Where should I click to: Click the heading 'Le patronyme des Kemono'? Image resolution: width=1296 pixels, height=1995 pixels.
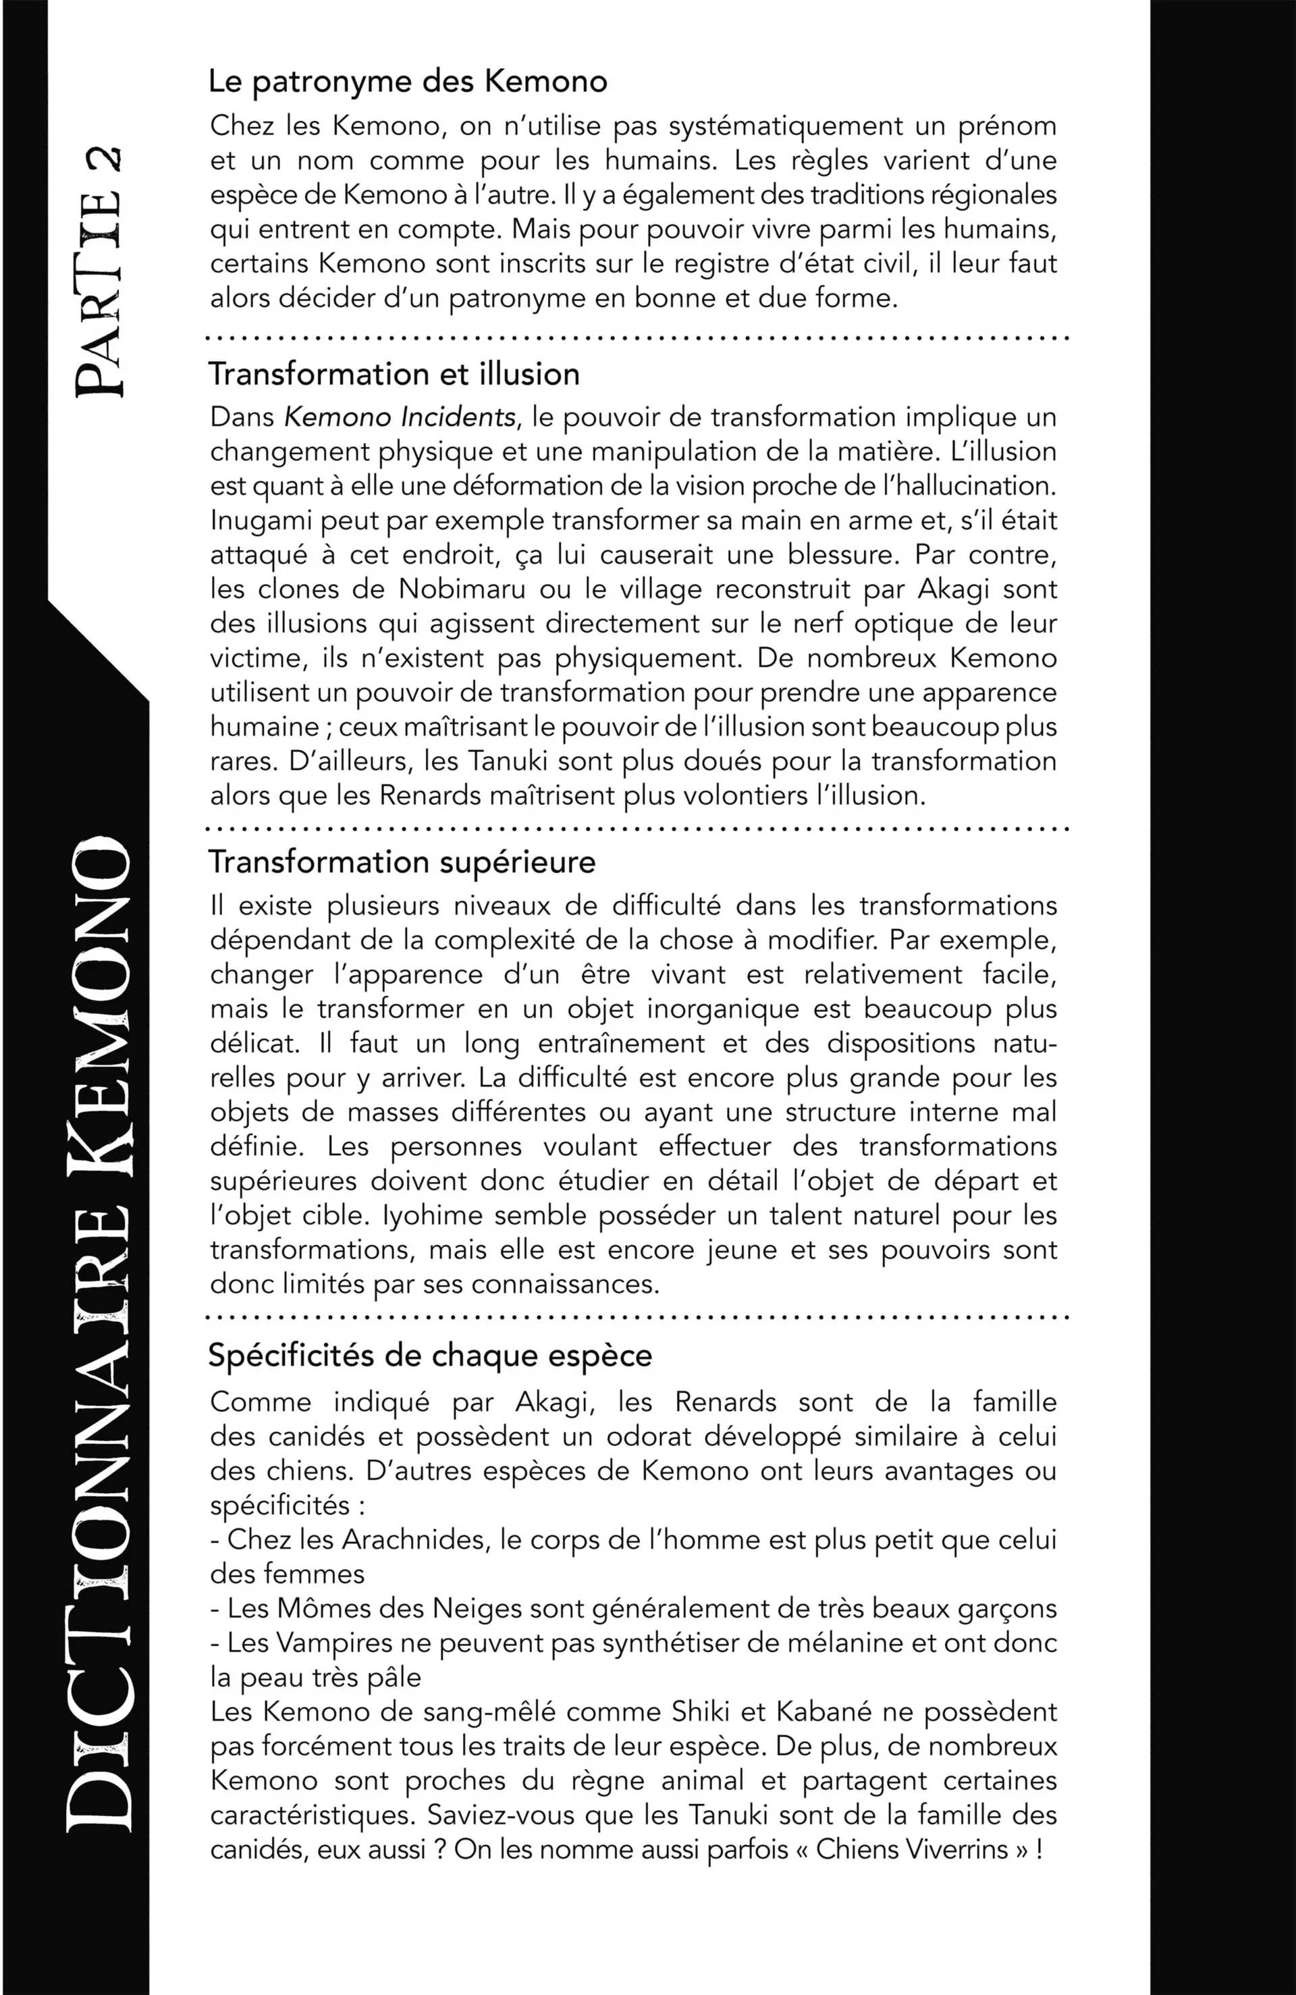(408, 82)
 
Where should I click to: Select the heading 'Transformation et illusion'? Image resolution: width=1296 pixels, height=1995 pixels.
(394, 374)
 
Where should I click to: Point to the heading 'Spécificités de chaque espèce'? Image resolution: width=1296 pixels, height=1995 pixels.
(430, 1356)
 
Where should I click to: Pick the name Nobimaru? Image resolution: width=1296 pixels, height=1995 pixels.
(462, 589)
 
